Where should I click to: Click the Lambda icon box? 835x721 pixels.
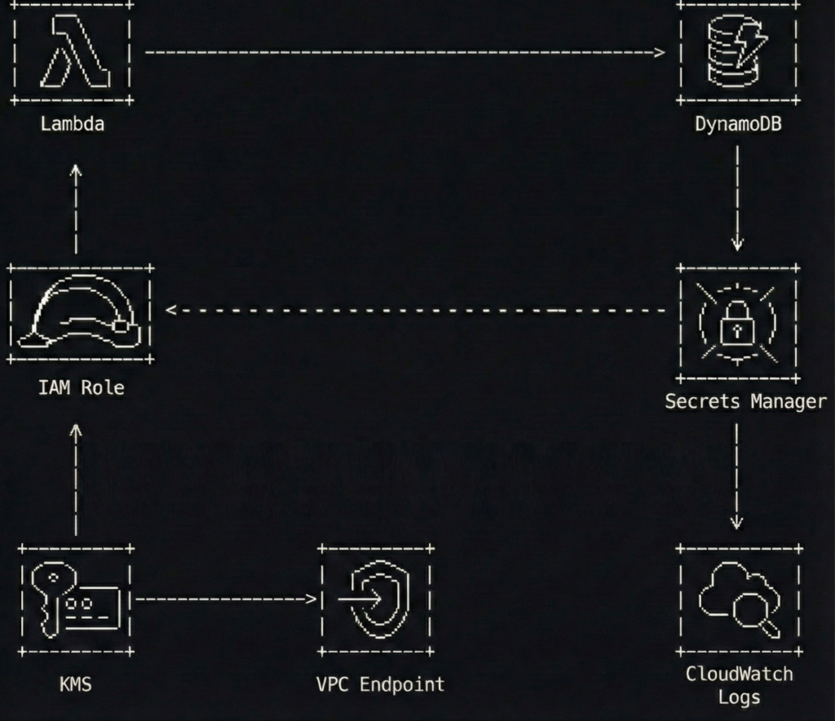[x=72, y=52]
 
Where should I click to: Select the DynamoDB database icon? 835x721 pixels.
[x=738, y=54]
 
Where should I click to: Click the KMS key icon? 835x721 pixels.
[x=75, y=599]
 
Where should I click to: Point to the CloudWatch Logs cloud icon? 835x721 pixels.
[x=739, y=599]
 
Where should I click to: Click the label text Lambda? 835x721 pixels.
[x=72, y=124]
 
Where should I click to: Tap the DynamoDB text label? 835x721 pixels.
[x=738, y=124]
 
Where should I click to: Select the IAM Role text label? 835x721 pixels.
[x=81, y=387]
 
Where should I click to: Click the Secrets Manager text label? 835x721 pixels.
[x=745, y=401]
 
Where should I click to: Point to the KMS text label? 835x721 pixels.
[x=75, y=683]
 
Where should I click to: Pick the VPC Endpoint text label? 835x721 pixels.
[x=380, y=683]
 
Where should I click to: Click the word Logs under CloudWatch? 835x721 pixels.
[x=739, y=697]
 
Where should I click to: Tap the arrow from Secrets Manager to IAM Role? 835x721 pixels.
[x=416, y=310]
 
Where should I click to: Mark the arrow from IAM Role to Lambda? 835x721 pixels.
[x=76, y=208]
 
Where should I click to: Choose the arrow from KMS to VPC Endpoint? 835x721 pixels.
[x=225, y=599]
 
